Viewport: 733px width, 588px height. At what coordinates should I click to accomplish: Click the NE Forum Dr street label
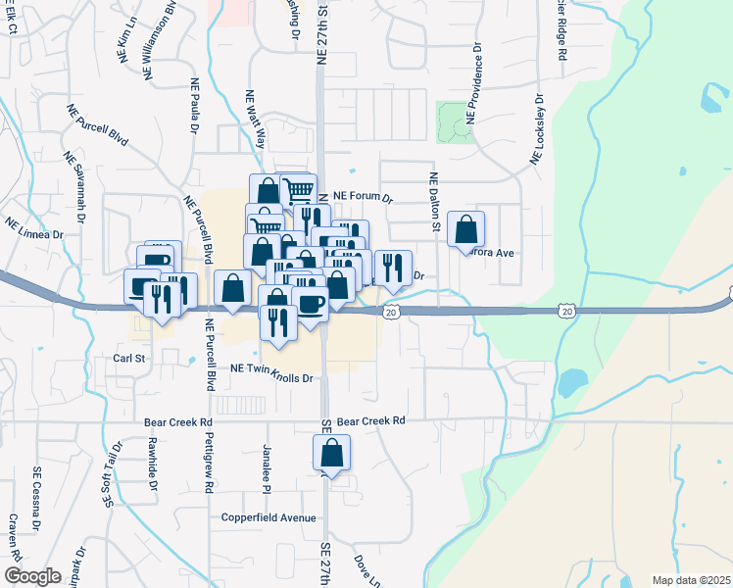363,197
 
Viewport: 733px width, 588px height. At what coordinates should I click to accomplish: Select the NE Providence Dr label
473,81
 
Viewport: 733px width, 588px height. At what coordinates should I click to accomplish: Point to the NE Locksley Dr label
538,129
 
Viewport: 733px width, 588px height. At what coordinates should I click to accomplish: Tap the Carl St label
128,359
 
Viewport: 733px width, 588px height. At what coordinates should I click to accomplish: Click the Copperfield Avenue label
269,517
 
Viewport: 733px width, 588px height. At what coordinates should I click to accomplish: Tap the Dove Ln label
366,567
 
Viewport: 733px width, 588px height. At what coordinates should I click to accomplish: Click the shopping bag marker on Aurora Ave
466,230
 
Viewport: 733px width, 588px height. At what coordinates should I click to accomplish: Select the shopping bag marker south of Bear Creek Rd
332,454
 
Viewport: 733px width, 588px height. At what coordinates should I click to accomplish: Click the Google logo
32,575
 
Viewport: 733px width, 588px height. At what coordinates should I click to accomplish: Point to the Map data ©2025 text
690,580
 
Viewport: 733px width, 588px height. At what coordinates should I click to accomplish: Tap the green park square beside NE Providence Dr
454,122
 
